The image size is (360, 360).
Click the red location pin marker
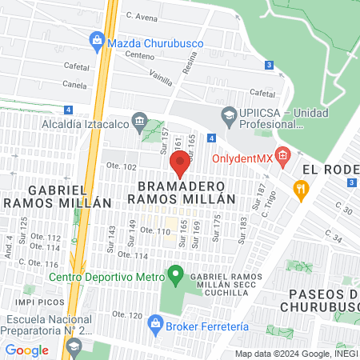[x=181, y=163]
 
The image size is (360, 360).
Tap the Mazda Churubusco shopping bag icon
[x=97, y=38]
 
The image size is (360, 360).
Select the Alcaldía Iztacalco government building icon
[x=140, y=122]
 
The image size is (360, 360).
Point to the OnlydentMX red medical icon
[x=281, y=154]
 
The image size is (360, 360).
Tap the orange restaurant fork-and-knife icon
[x=301, y=190]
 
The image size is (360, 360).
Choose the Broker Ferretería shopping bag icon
[x=155, y=326]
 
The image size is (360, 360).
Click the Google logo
[x=26, y=349]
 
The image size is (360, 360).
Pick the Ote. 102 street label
[x=121, y=166]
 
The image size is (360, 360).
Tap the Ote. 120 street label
[x=126, y=313]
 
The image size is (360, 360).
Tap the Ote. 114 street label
[x=134, y=255]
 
